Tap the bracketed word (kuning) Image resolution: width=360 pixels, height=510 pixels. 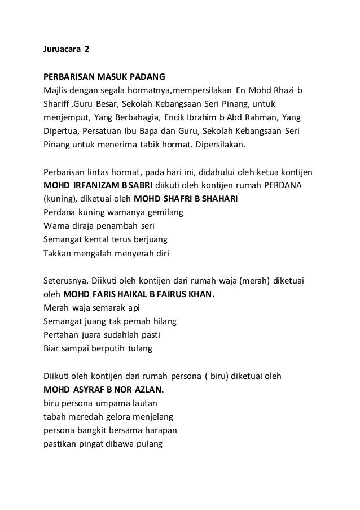tap(60, 198)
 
